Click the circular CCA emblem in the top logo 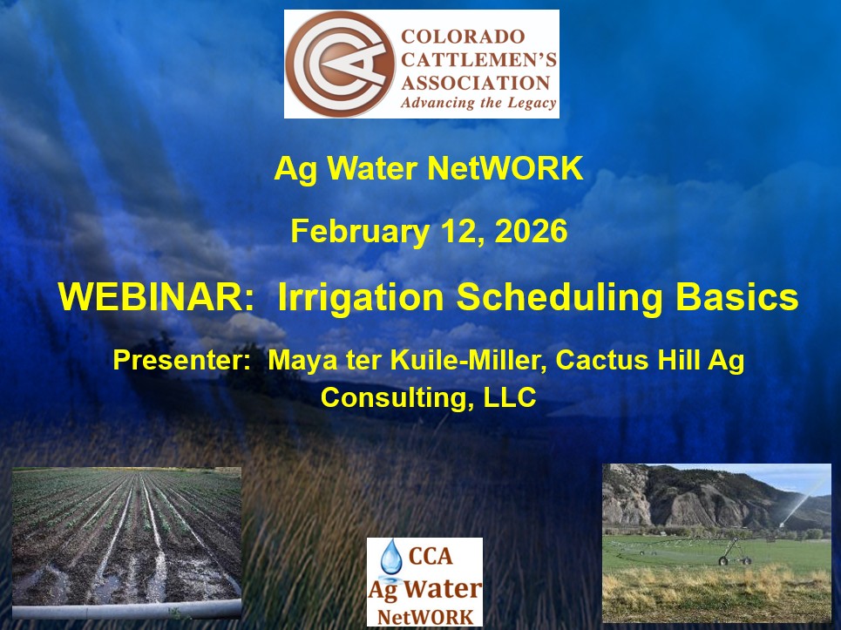pyautogui.click(x=340, y=64)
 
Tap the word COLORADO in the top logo pyautogui.click(x=463, y=37)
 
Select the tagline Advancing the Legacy pyautogui.click(x=478, y=103)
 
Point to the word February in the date pyautogui.click(x=360, y=232)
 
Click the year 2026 pyautogui.click(x=531, y=231)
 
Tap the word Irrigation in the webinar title pyautogui.click(x=361, y=298)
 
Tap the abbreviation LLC pyautogui.click(x=510, y=397)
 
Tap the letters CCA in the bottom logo pyautogui.click(x=431, y=556)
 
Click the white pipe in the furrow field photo pyautogui.click(x=126, y=610)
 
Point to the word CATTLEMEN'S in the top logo pyautogui.click(x=478, y=59)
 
